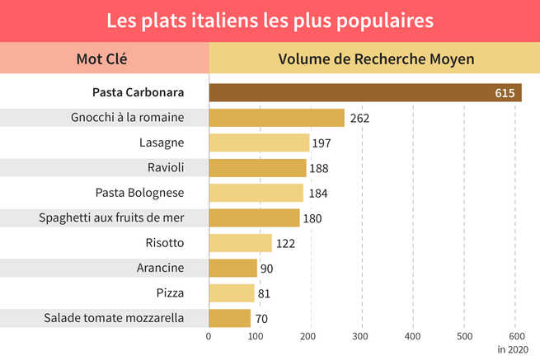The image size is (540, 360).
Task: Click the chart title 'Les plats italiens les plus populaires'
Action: click(270, 20)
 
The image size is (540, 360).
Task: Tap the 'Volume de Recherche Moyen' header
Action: click(376, 59)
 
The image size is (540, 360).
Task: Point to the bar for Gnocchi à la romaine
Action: click(276, 118)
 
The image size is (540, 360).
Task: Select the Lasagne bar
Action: click(259, 143)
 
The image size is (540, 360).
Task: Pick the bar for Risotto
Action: click(240, 243)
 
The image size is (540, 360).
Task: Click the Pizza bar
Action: click(232, 292)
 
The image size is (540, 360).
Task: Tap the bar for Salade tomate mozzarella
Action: click(229, 318)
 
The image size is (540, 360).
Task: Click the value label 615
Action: click(505, 92)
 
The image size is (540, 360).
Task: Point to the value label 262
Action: click(359, 118)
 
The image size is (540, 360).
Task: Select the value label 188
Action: click(318, 168)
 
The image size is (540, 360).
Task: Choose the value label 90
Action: click(266, 269)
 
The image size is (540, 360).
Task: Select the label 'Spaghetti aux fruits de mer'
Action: click(111, 217)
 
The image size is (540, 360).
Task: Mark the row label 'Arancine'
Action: click(160, 268)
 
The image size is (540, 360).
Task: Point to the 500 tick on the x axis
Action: click(464, 336)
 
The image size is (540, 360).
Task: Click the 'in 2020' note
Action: click(513, 349)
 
